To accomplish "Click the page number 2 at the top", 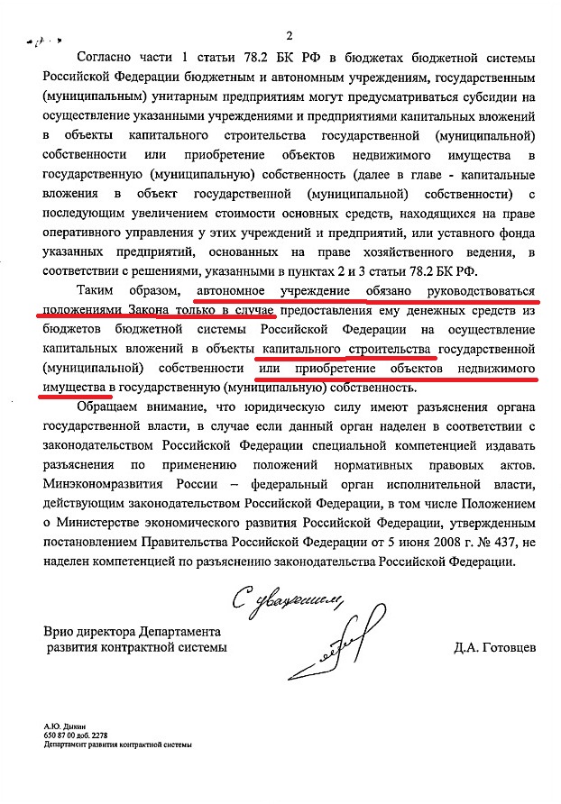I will (x=290, y=36).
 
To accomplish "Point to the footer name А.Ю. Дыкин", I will (x=61, y=726).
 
